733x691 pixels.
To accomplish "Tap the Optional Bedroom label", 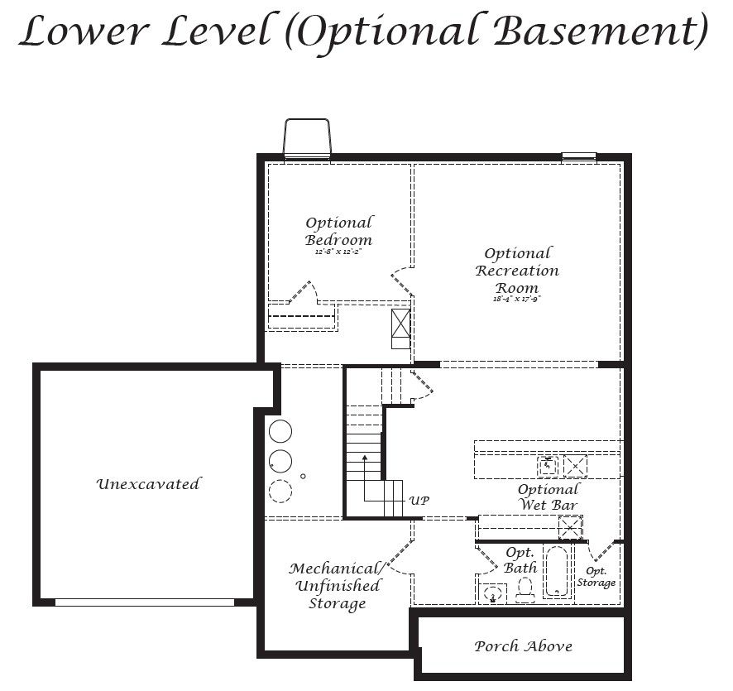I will click(x=338, y=231).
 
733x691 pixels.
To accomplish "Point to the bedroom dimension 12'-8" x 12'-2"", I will click(x=338, y=252).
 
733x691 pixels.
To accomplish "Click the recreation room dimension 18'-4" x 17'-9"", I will click(x=517, y=299).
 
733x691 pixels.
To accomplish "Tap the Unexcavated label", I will click(x=148, y=484).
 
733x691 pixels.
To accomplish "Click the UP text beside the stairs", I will click(x=419, y=501).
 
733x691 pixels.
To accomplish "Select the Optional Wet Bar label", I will click(x=548, y=497).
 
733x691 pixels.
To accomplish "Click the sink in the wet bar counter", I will click(x=549, y=467).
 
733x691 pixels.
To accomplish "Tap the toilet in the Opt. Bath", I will click(x=524, y=588).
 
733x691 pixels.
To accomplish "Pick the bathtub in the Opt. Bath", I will click(x=557, y=571).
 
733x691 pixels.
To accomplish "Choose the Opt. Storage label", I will click(x=596, y=577).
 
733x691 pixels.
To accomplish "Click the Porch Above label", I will click(x=523, y=646).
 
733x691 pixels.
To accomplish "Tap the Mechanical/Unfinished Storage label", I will click(x=336, y=586).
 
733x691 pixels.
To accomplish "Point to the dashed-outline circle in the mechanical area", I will click(x=280, y=491).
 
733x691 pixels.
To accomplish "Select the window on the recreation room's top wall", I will click(x=579, y=156).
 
